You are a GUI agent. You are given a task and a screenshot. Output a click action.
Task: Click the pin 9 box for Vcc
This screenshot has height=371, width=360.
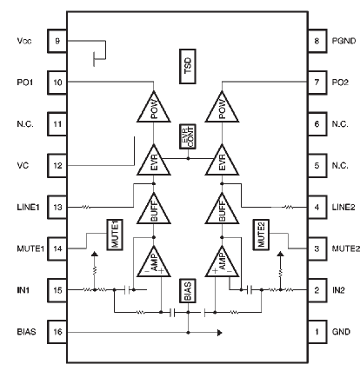tap(57, 41)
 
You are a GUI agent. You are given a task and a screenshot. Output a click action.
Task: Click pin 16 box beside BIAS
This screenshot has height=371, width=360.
tap(57, 332)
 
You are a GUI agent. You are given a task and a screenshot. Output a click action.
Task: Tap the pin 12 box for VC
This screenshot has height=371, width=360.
tap(57, 165)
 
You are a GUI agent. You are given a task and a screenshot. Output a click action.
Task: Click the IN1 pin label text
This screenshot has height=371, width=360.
tap(23, 290)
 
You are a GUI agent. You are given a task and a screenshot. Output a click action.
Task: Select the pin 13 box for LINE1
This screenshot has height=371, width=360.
tap(57, 208)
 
